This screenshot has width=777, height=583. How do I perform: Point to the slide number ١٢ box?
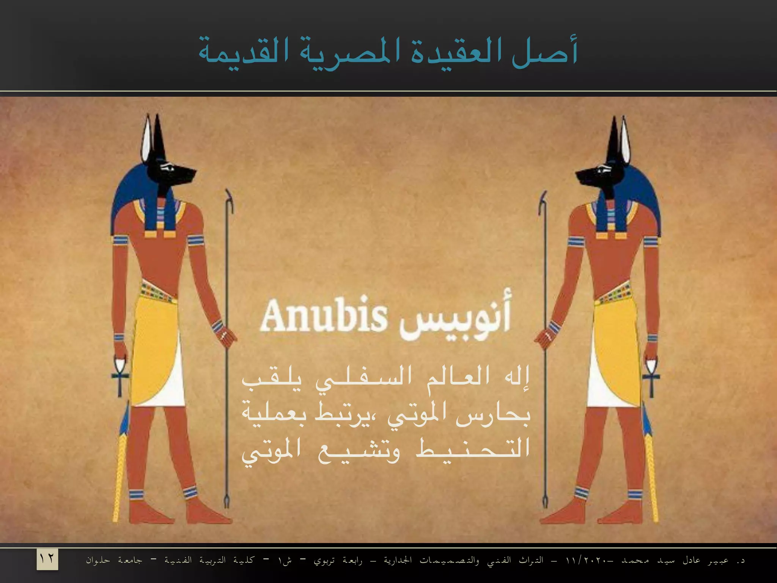click(47, 559)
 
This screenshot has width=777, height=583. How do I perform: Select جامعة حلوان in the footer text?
click(114, 560)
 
